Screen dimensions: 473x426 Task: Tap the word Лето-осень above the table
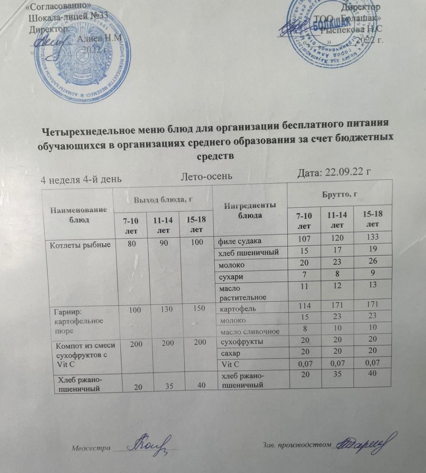207,176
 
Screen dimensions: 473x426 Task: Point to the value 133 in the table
372,237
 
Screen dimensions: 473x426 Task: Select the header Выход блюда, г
164,200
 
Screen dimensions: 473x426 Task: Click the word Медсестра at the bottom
91,448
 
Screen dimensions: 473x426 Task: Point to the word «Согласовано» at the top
58,8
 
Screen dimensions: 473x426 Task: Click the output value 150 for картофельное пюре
199,308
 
